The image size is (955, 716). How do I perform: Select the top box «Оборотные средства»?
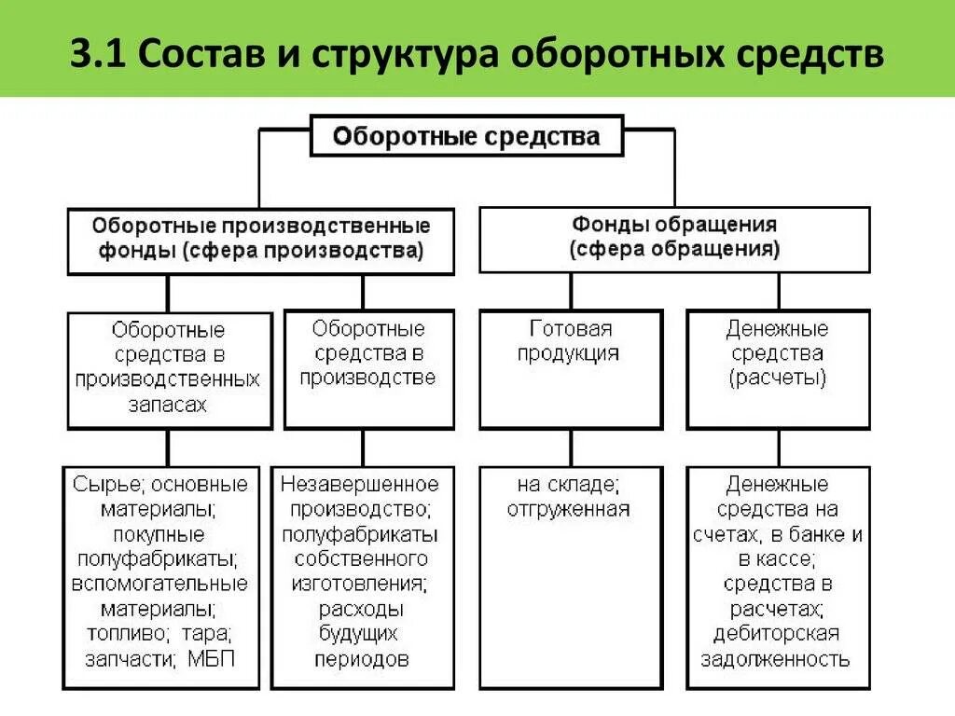point(467,138)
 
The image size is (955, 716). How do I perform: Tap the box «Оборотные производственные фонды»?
point(261,240)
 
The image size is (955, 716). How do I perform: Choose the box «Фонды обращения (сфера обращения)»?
point(674,239)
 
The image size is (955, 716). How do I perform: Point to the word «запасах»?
point(169,405)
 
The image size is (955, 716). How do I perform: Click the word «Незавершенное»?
point(359,485)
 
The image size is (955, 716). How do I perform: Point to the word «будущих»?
point(359,634)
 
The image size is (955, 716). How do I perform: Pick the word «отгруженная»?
point(569,509)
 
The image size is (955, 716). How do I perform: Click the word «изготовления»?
point(360,584)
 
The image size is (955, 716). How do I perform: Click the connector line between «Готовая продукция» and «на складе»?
point(571,447)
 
